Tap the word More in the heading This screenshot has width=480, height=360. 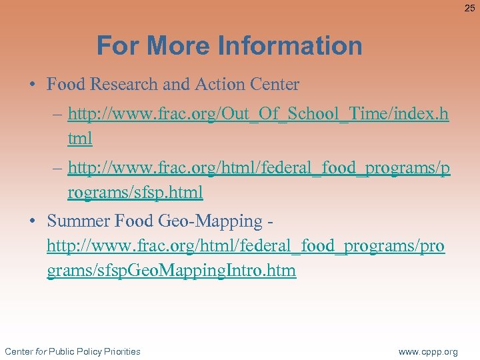click(x=181, y=46)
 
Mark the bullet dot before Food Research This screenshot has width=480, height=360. click(x=32, y=85)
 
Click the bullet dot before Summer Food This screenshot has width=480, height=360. click(x=32, y=221)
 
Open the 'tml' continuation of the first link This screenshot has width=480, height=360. click(x=80, y=139)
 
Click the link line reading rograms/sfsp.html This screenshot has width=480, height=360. click(x=135, y=193)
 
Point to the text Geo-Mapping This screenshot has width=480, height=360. click(x=214, y=221)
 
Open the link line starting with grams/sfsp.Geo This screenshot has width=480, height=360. click(x=171, y=271)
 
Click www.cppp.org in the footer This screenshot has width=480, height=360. click(x=428, y=351)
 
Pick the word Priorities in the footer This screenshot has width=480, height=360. click(x=117, y=351)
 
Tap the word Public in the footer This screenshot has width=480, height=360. click(x=61, y=351)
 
